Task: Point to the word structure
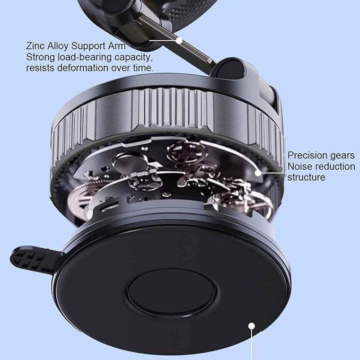pyautogui.click(x=306, y=177)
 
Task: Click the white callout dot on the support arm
pyautogui.click(x=179, y=40)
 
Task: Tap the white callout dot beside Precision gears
pyautogui.click(x=258, y=172)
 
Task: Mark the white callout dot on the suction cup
pyautogui.click(x=251, y=327)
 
